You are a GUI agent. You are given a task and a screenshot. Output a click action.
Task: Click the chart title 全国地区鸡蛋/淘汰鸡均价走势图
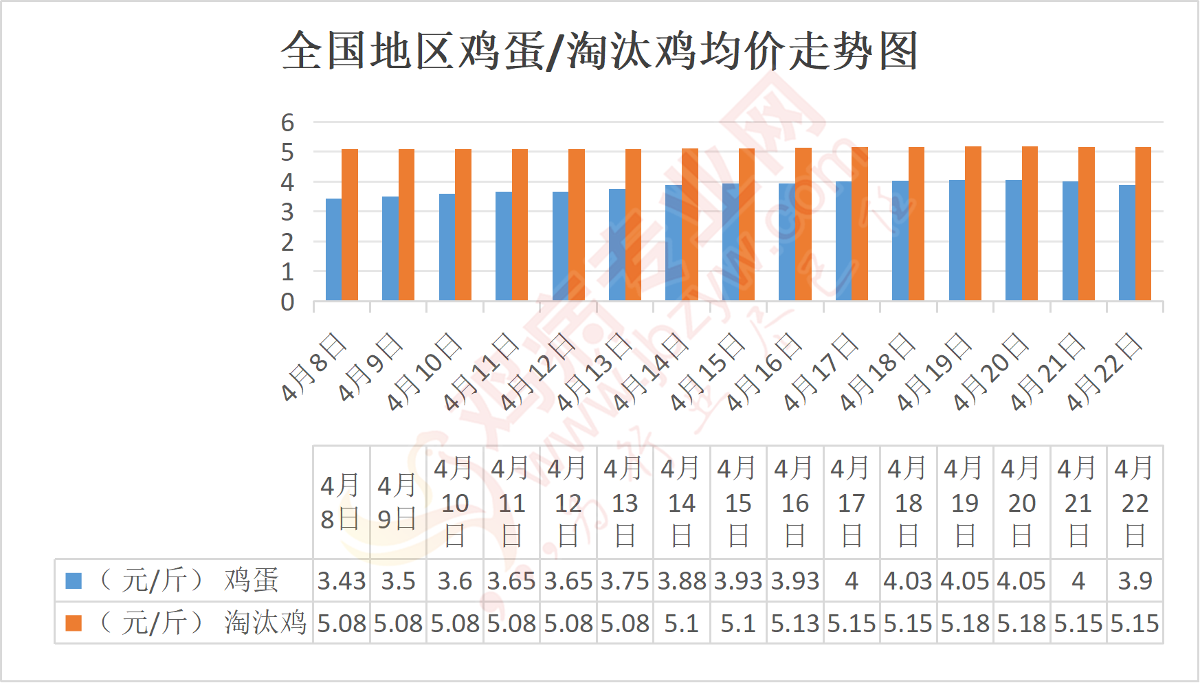[599, 51]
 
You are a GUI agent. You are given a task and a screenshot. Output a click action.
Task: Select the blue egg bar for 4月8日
[333, 249]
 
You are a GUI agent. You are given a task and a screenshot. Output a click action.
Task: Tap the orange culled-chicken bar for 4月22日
[1143, 224]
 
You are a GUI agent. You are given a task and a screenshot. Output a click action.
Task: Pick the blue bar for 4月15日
[730, 242]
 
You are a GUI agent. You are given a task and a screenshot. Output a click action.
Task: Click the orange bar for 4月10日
[463, 225]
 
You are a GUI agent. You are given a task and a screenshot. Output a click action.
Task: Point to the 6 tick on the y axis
[287, 123]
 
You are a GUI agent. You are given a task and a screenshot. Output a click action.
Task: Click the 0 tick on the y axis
[287, 302]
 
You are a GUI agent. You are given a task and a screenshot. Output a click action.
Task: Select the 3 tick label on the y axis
[287, 212]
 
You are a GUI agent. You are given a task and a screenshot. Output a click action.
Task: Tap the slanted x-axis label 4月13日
[594, 372]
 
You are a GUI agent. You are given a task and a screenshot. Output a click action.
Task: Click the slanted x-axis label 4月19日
[934, 372]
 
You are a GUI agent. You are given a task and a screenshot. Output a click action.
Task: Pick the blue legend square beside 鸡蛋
[74, 581]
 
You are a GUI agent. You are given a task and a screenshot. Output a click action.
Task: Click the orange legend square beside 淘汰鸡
[74, 623]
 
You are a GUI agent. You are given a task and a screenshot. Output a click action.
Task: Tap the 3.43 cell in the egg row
[342, 581]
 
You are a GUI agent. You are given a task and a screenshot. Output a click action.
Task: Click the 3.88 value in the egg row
[682, 581]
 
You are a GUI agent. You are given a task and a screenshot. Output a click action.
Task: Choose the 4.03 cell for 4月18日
[908, 581]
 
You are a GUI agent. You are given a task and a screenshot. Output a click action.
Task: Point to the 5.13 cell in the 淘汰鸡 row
[795, 624]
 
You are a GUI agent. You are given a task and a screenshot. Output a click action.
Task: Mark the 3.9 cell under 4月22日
[1135, 581]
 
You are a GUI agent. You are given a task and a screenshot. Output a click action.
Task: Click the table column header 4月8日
[341, 502]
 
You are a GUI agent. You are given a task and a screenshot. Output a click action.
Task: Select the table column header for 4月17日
[852, 502]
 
